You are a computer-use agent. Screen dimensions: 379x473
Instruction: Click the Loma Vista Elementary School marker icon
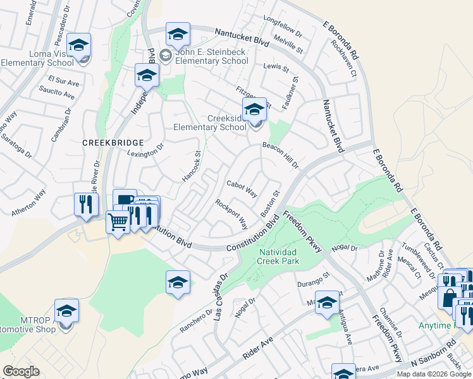point(79,45)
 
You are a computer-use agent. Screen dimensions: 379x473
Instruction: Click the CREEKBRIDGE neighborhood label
point(113,143)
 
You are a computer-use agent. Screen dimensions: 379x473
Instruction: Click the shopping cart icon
point(118,222)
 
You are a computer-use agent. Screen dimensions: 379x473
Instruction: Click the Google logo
point(21,371)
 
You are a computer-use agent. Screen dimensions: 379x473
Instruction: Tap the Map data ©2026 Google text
point(433,374)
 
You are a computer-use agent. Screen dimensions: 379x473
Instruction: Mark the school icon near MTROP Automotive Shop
point(66,311)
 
